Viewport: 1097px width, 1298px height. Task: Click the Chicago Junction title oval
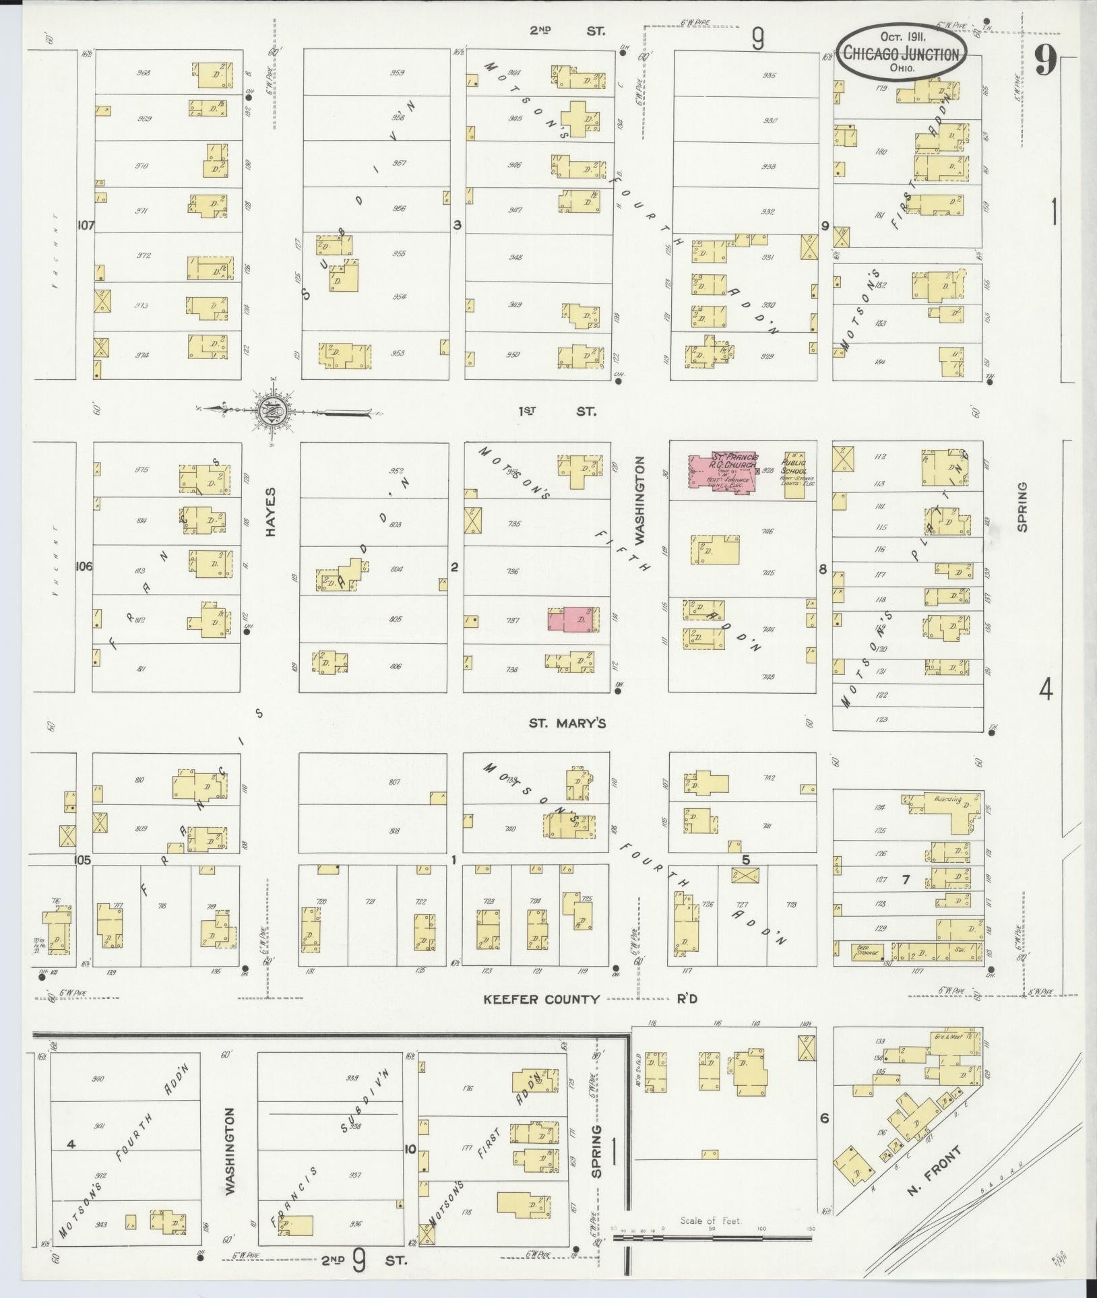[x=902, y=53]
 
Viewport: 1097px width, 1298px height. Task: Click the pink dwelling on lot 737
[x=573, y=618]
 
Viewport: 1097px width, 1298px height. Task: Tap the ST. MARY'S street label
[x=567, y=723]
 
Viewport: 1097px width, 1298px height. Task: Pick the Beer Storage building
[x=867, y=952]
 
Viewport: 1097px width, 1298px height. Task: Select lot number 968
[x=144, y=73]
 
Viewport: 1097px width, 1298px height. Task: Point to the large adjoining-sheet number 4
[x=1045, y=689]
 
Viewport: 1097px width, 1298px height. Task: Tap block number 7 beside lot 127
[x=906, y=880]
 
